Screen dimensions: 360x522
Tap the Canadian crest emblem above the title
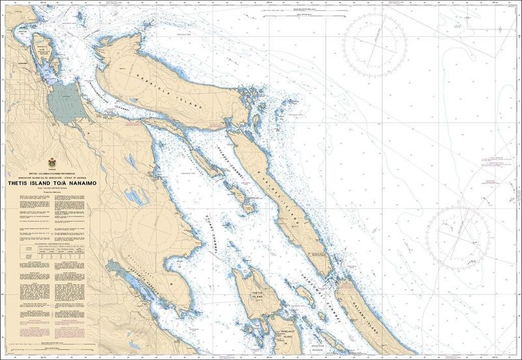(53, 162)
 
